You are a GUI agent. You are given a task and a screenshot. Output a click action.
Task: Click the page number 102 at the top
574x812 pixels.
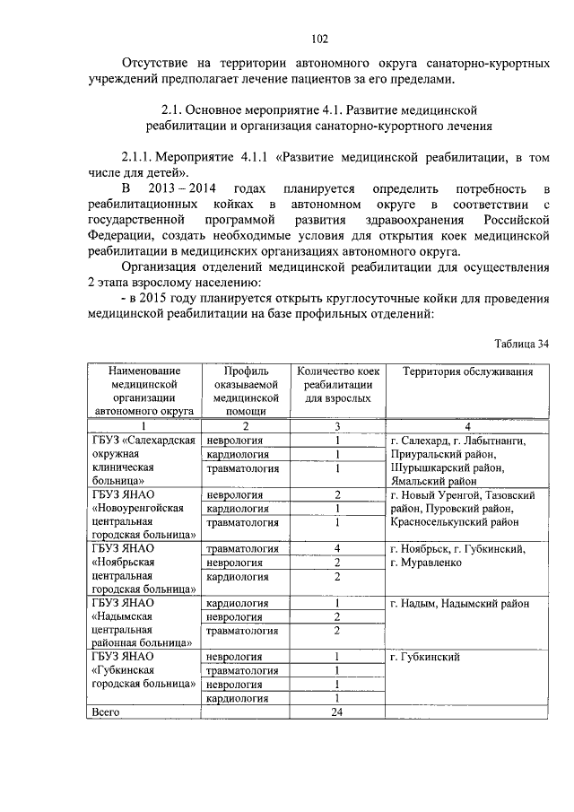tap(319, 38)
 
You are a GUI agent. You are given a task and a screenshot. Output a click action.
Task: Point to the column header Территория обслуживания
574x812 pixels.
tap(467, 371)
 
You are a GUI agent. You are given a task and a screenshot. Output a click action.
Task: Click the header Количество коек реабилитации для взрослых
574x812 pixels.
tap(337, 384)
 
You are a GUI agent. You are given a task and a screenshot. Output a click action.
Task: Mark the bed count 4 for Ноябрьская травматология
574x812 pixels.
tap(337, 548)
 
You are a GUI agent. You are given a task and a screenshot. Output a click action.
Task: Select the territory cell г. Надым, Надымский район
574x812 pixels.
tap(458, 604)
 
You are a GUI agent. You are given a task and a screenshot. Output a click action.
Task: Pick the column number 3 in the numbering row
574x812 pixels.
tap(337, 426)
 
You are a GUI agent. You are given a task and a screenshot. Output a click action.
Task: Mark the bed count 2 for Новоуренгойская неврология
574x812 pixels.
tap(337, 494)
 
